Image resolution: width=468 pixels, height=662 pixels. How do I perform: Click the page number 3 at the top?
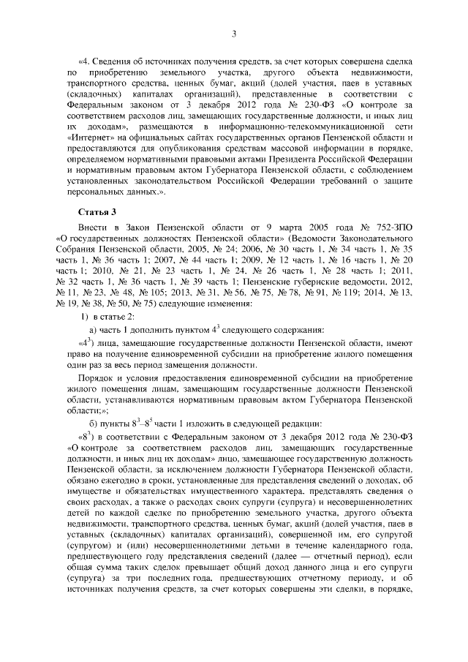(x=233, y=32)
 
